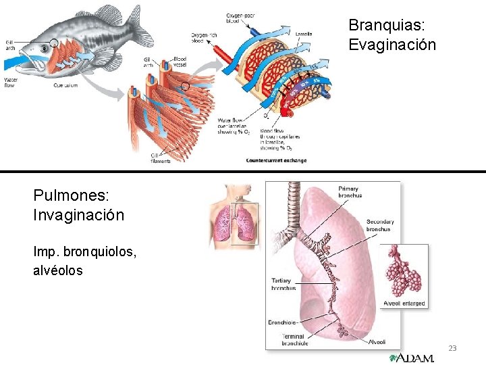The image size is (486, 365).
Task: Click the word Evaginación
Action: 392,45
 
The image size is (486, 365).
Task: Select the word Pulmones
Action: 71,195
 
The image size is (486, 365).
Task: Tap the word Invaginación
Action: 78,215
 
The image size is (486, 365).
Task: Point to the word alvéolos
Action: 58,270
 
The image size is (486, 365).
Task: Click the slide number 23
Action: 452,348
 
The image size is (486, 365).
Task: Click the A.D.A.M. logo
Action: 412,358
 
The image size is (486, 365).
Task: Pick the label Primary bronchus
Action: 349,192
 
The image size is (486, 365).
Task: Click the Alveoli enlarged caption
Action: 404,303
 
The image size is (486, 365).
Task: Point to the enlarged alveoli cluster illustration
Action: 403,273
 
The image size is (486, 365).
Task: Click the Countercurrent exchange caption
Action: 277,161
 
